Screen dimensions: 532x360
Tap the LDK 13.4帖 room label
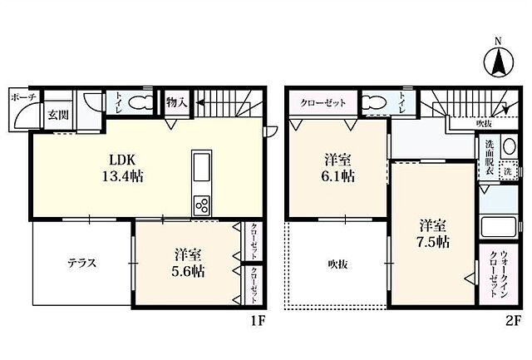click(x=123, y=168)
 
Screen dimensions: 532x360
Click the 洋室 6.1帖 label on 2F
click(x=338, y=168)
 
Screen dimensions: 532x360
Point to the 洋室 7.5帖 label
click(x=432, y=233)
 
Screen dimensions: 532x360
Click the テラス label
click(x=82, y=263)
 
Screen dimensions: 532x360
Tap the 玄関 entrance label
click(x=57, y=115)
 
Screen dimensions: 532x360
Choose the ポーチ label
click(x=23, y=98)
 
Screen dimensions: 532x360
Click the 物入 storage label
click(x=176, y=102)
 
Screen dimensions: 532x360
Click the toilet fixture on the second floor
click(x=374, y=101)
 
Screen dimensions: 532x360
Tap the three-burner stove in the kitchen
click(x=202, y=205)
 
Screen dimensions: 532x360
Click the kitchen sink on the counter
click(x=202, y=167)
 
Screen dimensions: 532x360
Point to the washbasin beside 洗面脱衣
click(x=509, y=146)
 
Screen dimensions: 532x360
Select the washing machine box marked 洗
click(x=508, y=171)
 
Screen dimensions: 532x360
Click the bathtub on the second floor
click(x=499, y=227)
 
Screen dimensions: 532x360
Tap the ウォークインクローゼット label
click(x=499, y=274)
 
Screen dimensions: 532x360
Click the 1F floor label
click(x=258, y=321)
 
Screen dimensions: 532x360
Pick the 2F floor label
click(x=514, y=321)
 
